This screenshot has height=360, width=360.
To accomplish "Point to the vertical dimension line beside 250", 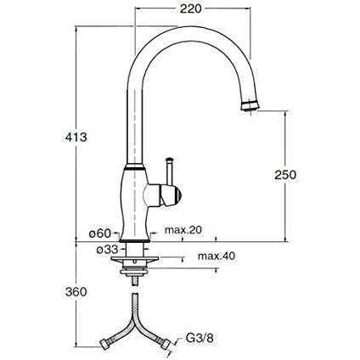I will [x=284, y=174].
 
